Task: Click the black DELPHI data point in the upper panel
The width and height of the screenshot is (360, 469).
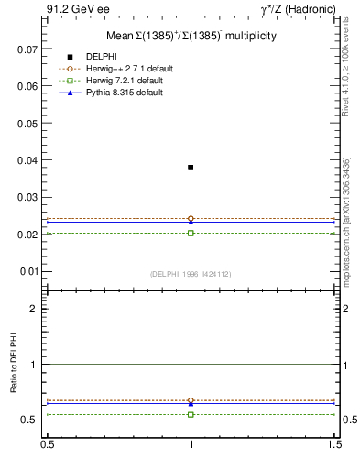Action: click(191, 168)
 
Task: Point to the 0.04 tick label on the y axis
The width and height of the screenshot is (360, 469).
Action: click(29, 160)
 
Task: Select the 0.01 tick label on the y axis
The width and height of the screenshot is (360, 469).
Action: click(29, 272)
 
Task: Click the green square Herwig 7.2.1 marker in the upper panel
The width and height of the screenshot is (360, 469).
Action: click(191, 233)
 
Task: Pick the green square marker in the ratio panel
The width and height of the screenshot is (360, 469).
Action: click(191, 414)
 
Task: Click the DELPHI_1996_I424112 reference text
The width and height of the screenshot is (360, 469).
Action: click(191, 274)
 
